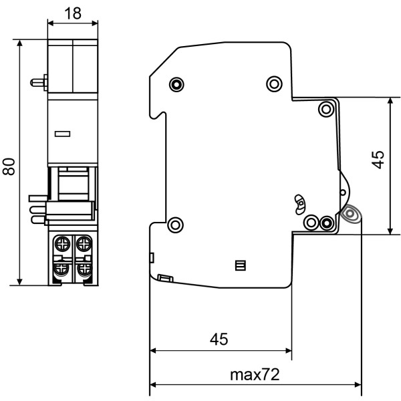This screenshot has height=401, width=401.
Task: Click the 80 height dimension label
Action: [x=9, y=165]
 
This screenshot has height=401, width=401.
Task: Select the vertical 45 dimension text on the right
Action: [x=378, y=159]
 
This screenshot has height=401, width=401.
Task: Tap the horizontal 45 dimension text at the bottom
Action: [x=219, y=339]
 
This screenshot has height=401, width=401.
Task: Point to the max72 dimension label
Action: [x=255, y=374]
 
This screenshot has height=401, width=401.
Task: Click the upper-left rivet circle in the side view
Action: [x=176, y=84]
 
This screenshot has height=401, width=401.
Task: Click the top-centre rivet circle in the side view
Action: [x=274, y=84]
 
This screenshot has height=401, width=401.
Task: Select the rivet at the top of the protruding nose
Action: [x=326, y=109]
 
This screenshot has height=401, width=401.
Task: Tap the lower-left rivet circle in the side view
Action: [x=174, y=225]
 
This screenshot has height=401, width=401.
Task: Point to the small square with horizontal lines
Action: [x=241, y=266]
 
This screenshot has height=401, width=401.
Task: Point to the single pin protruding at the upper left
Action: [x=39, y=83]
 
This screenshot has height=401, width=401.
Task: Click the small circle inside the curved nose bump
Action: [x=342, y=192]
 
